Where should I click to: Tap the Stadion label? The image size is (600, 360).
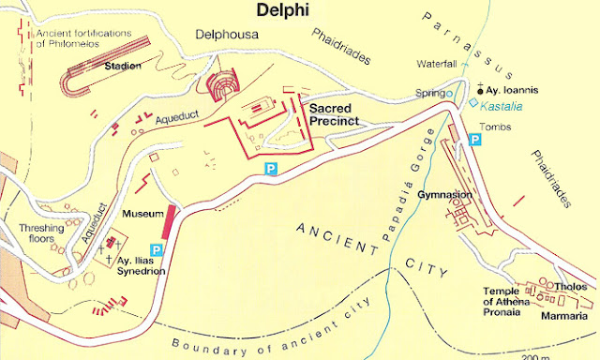123,66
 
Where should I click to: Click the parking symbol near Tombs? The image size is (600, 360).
475,140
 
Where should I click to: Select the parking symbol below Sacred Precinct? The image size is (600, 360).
271,168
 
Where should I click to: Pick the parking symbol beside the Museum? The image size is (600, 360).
157,249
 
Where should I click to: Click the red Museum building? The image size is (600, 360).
169,221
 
